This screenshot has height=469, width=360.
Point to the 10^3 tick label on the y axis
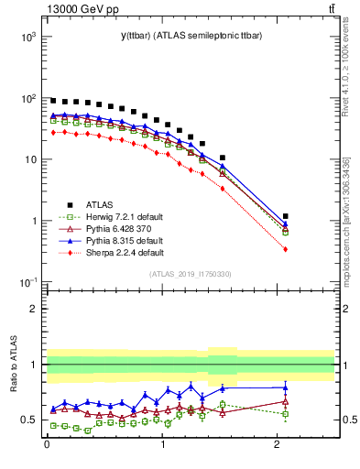click(x=27, y=37)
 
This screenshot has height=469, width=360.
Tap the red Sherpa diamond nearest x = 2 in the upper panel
click(x=286, y=249)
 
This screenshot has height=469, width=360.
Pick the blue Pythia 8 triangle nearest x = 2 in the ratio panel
click(x=286, y=387)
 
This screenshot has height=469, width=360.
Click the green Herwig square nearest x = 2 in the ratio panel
click(x=286, y=414)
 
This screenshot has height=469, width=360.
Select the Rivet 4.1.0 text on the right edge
click(x=344, y=64)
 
